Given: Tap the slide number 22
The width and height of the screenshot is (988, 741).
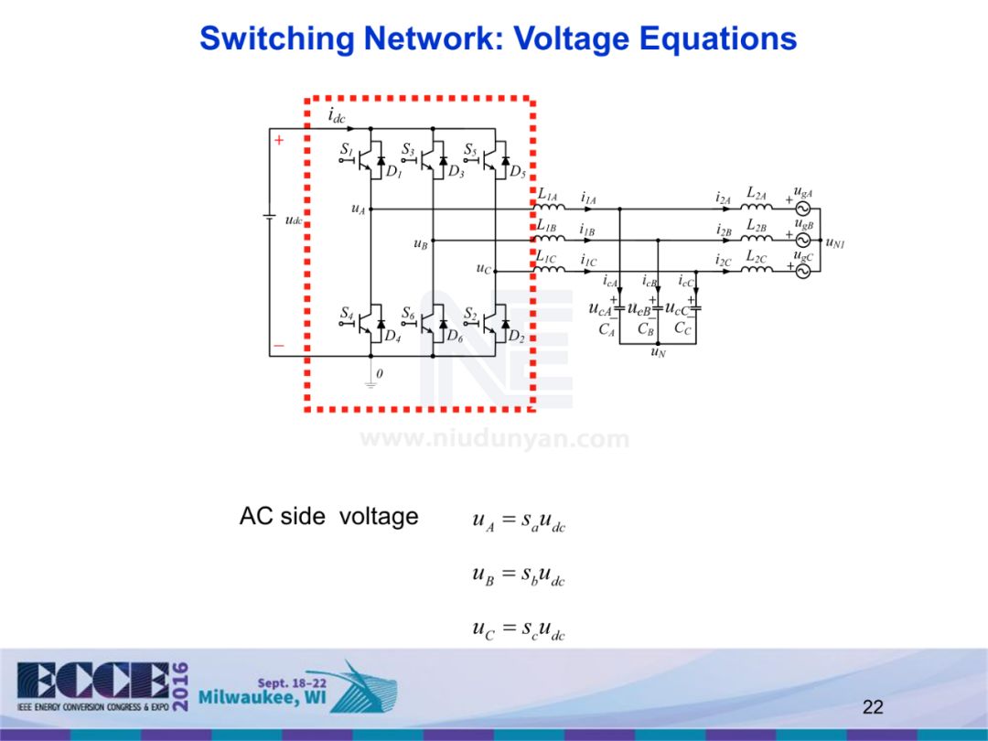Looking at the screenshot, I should point(873,706).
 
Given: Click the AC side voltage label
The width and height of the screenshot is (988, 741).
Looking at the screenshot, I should point(328,517).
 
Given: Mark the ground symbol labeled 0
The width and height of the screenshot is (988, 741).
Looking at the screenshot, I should point(370,382).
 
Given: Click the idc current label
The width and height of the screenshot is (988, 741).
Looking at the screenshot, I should point(338,117).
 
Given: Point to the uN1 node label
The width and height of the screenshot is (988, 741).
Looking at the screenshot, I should point(834,242).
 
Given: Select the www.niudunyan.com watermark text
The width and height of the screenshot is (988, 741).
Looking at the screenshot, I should point(494,440).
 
